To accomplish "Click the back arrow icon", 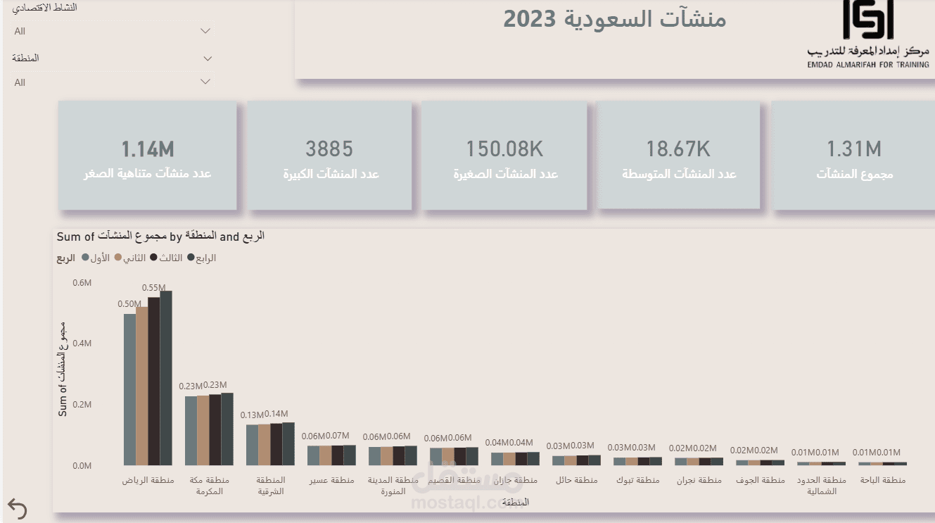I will (17, 509).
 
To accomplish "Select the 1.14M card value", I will (148, 149).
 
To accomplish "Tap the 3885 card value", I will (329, 149).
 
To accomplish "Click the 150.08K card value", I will (504, 149).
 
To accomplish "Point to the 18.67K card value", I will (678, 149).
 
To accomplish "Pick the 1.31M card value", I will (853, 149).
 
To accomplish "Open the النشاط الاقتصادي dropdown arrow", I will (205, 31).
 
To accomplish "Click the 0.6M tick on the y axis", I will (82, 282).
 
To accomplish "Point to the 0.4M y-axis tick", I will (82, 344).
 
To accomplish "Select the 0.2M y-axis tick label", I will (82, 405).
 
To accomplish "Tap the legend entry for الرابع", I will (201, 258).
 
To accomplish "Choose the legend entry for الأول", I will (96, 258).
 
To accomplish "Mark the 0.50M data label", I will (129, 304).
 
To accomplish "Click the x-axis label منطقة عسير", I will (331, 481).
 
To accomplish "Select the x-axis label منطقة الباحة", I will (883, 481).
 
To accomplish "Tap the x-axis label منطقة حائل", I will (576, 481).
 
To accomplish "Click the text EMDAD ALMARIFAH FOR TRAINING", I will (868, 64).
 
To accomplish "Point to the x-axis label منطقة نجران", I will (699, 481).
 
